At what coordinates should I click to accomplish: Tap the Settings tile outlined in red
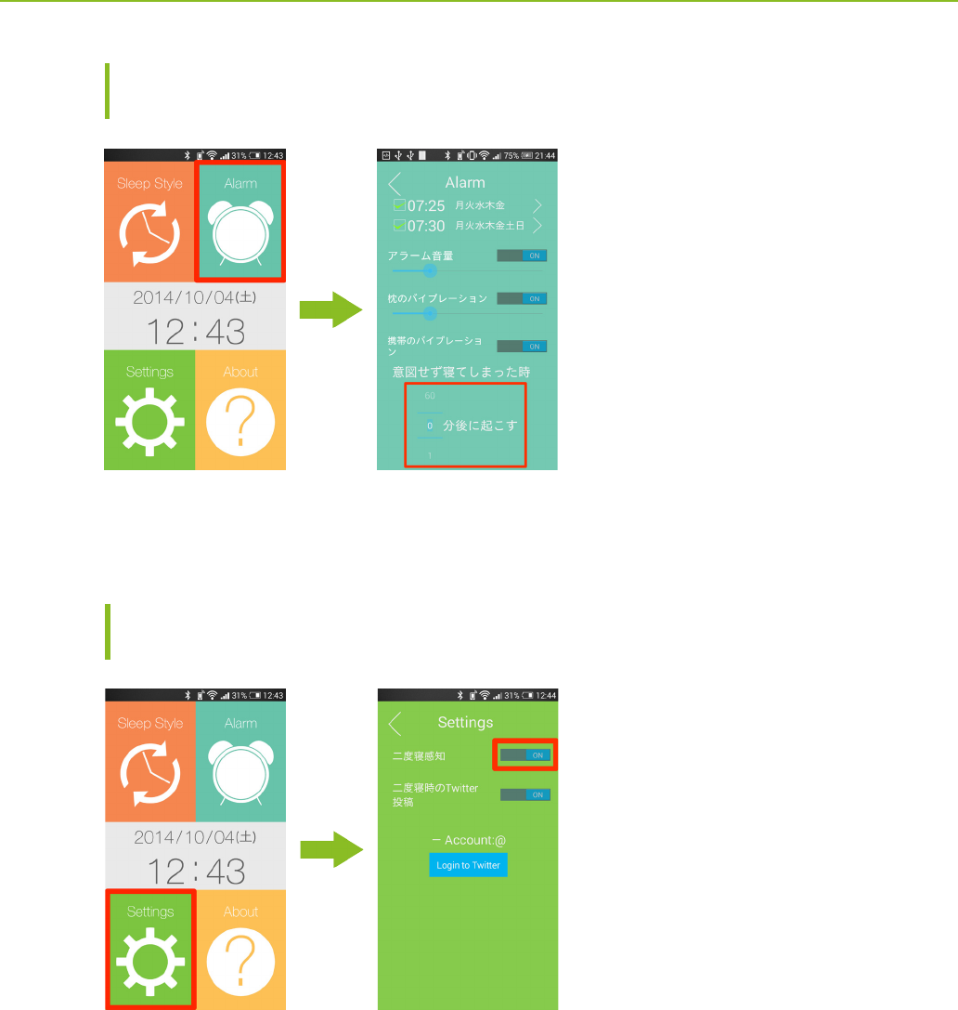[150, 948]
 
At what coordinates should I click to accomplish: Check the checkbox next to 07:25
[399, 205]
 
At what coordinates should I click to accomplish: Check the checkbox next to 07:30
[399, 226]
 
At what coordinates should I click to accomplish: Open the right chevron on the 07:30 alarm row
[537, 226]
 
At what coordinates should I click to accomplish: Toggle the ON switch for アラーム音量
[522, 256]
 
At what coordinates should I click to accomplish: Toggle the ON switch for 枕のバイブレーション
[522, 299]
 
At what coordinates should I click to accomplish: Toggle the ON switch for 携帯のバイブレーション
[522, 347]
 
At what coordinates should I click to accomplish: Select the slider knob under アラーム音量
[430, 270]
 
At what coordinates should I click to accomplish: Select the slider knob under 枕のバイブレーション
[430, 313]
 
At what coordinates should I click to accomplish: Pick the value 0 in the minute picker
[430, 426]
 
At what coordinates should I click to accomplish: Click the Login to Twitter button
[468, 865]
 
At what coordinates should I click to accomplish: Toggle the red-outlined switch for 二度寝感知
[525, 755]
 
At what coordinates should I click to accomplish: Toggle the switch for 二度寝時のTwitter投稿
[525, 794]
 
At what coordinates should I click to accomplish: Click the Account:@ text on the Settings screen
[469, 840]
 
